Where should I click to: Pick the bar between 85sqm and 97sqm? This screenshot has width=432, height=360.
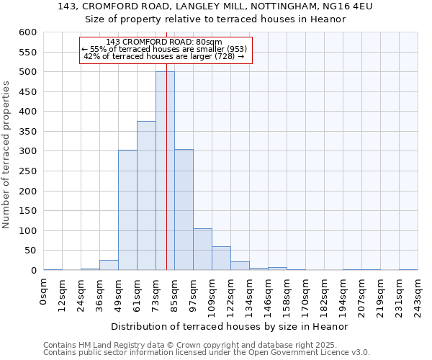point(184,210)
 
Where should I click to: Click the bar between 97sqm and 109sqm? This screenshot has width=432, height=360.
point(202,249)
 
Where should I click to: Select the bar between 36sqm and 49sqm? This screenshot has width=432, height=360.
point(109,265)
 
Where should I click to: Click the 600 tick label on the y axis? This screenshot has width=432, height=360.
point(27,32)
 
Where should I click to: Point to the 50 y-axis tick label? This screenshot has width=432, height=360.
point(30,251)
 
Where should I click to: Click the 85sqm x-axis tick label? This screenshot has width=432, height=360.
point(175,294)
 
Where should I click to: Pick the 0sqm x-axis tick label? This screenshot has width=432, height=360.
point(45,292)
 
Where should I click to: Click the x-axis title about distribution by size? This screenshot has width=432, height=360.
point(230,326)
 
